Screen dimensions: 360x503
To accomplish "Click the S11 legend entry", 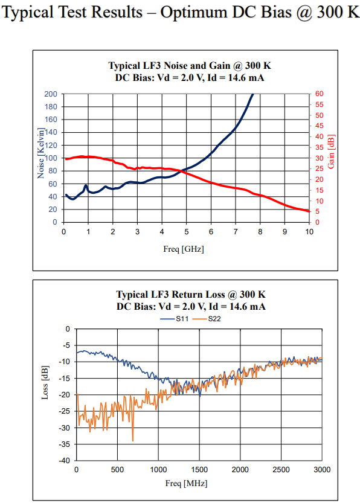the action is click(x=174, y=319).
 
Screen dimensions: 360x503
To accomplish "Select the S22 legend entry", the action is click(x=207, y=319).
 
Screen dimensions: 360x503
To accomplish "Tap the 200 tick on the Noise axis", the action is click(x=51, y=94).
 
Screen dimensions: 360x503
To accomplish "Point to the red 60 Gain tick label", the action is click(x=320, y=94).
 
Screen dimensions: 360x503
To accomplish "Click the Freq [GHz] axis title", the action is click(x=184, y=249).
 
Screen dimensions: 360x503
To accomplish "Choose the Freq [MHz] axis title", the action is click(x=187, y=483).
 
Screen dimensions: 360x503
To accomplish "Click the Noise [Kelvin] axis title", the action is click(x=40, y=153).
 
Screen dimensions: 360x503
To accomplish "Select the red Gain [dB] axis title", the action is click(x=331, y=152).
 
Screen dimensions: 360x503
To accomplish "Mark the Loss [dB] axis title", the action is click(x=45, y=382).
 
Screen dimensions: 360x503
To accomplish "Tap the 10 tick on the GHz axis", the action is click(x=309, y=232).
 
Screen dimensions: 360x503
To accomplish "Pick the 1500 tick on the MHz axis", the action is click(x=199, y=470).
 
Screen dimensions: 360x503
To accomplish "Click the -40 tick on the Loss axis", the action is click(x=64, y=461).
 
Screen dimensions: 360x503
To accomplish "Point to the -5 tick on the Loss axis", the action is click(x=66, y=345).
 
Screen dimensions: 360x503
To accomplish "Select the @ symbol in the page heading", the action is click(x=304, y=13).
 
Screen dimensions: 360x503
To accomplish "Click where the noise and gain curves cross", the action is click(x=182, y=171).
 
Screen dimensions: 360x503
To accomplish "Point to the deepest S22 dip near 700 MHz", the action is click(x=133, y=440).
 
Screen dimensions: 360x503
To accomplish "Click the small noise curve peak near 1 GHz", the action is click(x=86, y=185).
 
